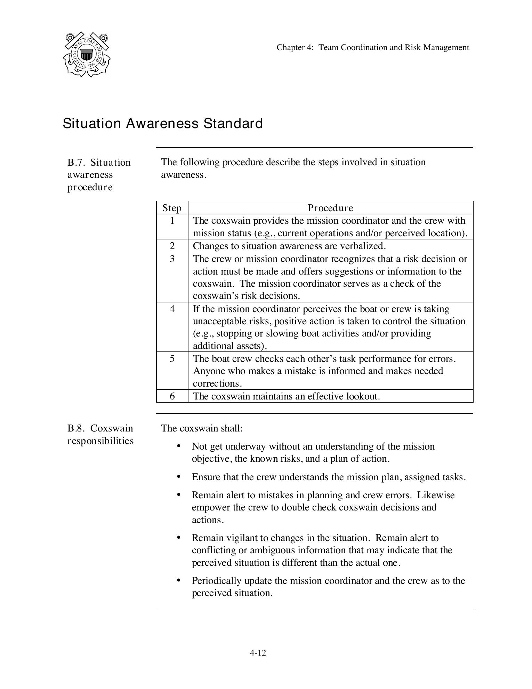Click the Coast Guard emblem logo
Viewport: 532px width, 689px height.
pos(87,54)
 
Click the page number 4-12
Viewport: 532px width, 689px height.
pos(258,653)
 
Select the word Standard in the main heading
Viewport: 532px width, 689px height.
pos(233,124)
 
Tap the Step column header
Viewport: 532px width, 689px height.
pos(172,208)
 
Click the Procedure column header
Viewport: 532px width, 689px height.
pos(330,208)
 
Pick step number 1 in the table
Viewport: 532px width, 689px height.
pos(172,221)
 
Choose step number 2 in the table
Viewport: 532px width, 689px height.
pos(172,246)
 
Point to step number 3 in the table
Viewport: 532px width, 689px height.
pos(172,259)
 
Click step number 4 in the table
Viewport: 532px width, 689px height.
pos(172,309)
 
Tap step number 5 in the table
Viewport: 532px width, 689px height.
pos(172,359)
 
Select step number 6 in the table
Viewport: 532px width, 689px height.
pos(172,396)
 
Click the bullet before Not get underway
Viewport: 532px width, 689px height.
pos(179,446)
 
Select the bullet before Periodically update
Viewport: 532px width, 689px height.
pos(179,580)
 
